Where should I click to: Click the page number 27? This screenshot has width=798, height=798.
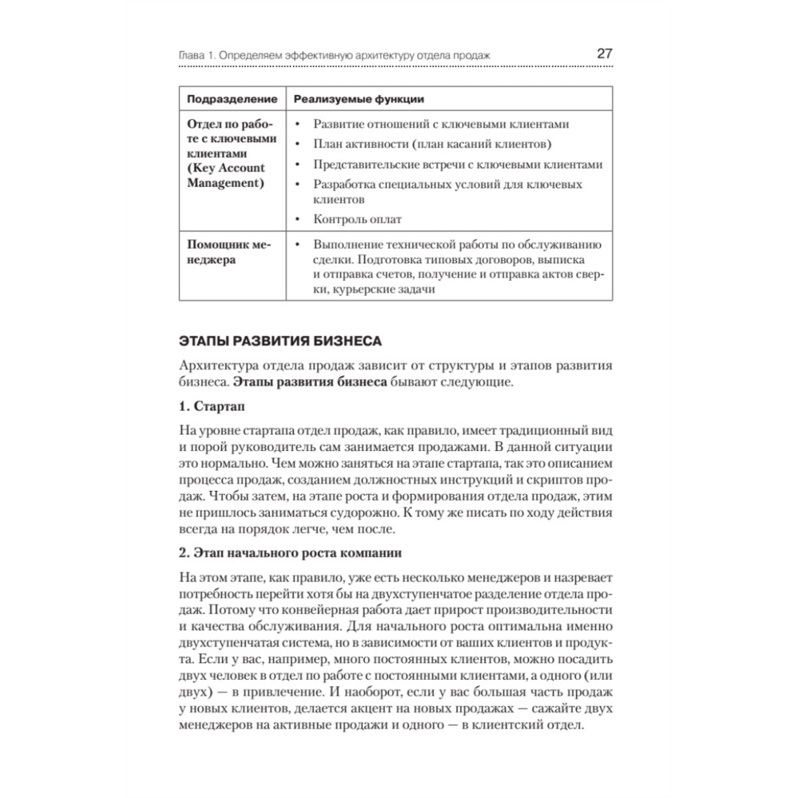pos(604,53)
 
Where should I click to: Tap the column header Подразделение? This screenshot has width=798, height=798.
pos(232,99)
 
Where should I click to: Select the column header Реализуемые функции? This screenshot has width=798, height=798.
pos(358,99)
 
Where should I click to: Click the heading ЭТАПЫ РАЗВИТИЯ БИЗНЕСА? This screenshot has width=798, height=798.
pos(282,342)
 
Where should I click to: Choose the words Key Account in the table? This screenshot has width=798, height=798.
pos(226,168)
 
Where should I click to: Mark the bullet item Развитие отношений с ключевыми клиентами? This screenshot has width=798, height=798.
pos(441,125)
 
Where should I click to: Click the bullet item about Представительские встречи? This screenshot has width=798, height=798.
pos(457,164)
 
